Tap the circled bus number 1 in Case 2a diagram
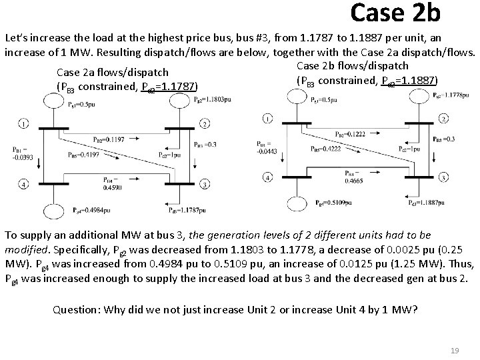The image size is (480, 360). (x=24, y=125)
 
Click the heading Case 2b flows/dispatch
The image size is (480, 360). (x=351, y=65)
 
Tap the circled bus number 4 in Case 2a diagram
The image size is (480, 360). (x=24, y=184)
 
